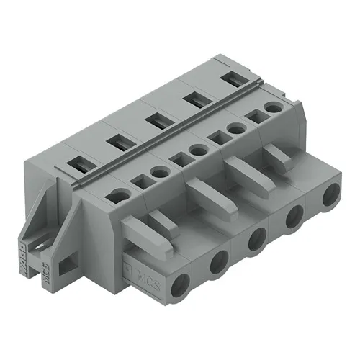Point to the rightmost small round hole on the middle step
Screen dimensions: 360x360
(x=272, y=107)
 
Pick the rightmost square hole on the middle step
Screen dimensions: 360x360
(x=253, y=115)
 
